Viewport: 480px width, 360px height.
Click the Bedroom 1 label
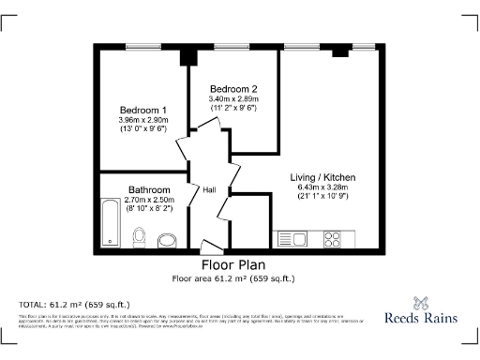(x=142, y=109)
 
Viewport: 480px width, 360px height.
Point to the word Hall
(x=210, y=190)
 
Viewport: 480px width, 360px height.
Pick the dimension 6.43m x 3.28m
(x=322, y=187)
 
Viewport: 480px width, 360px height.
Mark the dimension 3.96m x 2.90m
(x=142, y=119)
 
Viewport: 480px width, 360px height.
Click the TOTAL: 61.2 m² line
(x=75, y=305)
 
